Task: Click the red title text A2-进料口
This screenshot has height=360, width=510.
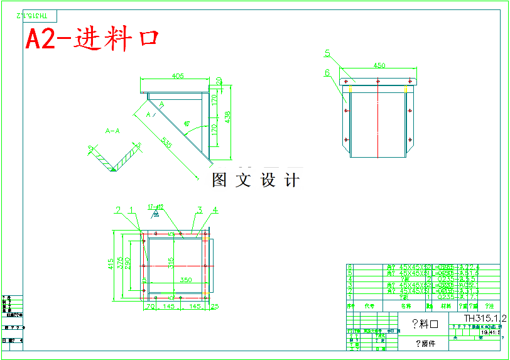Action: click(x=92, y=40)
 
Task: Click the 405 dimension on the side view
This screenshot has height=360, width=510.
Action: click(x=177, y=76)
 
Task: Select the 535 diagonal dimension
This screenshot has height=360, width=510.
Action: click(x=166, y=143)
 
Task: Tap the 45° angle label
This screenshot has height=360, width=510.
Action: click(x=187, y=124)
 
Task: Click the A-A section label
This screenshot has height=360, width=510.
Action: click(x=113, y=131)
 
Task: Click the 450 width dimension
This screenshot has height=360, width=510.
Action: click(x=379, y=65)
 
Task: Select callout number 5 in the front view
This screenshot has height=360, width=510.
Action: click(x=328, y=53)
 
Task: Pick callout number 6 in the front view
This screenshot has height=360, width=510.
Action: click(x=328, y=72)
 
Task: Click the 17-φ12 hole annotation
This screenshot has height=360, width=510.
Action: click(x=156, y=206)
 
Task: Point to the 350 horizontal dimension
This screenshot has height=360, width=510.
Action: click(x=186, y=280)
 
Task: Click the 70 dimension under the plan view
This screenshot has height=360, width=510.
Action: click(x=150, y=307)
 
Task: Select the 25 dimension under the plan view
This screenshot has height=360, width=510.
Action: click(x=215, y=307)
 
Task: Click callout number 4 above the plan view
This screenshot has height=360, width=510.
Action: click(x=215, y=210)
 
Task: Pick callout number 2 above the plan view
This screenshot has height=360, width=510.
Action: click(x=117, y=210)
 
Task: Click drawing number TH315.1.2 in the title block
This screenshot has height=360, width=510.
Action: click(x=485, y=319)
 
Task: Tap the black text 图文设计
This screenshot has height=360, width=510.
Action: click(x=256, y=181)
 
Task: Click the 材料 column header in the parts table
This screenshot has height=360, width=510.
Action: click(x=446, y=306)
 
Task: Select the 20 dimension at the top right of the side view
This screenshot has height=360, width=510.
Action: click(x=219, y=81)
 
